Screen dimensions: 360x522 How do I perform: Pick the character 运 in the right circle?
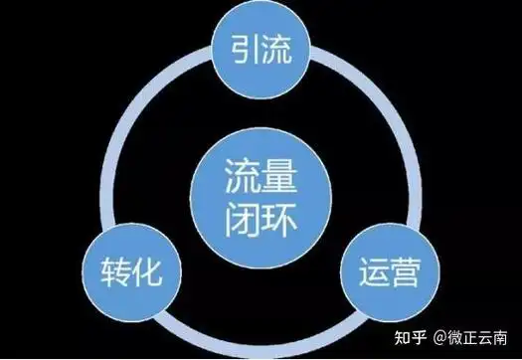pyautogui.click(x=367, y=270)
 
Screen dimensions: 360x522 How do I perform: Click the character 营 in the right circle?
pyautogui.click(x=401, y=270)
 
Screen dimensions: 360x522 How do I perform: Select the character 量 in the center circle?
pyautogui.click(x=281, y=180)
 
